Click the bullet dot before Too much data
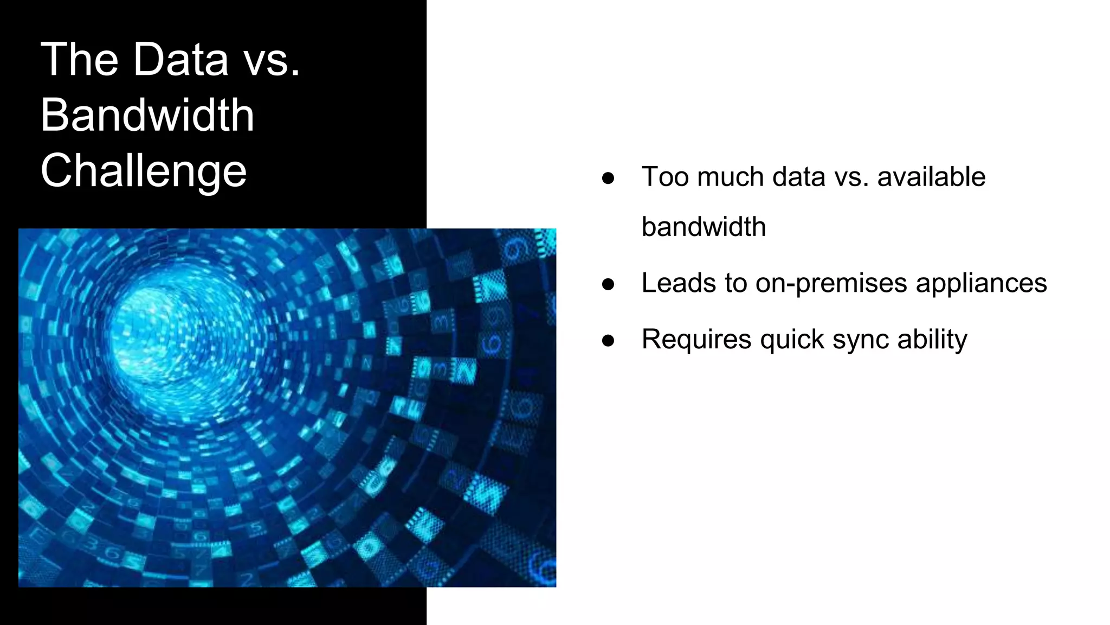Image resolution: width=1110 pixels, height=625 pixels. pyautogui.click(x=608, y=178)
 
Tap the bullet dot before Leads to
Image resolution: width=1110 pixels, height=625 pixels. pyautogui.click(x=608, y=284)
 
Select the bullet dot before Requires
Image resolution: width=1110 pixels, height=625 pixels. pyautogui.click(x=608, y=340)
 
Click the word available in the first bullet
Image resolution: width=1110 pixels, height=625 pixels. pyautogui.click(x=931, y=177)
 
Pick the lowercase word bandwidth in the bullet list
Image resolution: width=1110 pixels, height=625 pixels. pyautogui.click(x=704, y=227)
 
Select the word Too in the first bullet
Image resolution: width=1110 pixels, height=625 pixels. pyautogui.click(x=665, y=177)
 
